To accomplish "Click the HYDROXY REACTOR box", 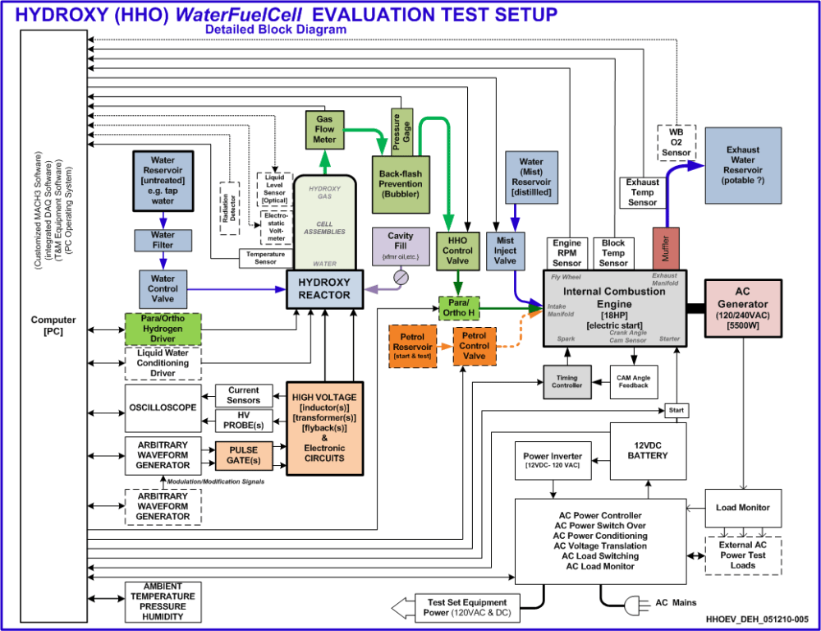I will (x=325, y=288).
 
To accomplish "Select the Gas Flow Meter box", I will (x=325, y=129).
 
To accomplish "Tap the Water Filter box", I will (x=163, y=240).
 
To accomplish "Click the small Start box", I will (x=676, y=409).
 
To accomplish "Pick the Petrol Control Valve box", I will (x=474, y=346).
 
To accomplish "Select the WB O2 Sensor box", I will (x=677, y=141).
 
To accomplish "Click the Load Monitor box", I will (x=742, y=508).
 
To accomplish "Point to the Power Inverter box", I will (x=554, y=461).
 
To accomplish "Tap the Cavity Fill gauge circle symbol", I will (x=400, y=278).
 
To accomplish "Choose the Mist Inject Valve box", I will (x=506, y=251).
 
